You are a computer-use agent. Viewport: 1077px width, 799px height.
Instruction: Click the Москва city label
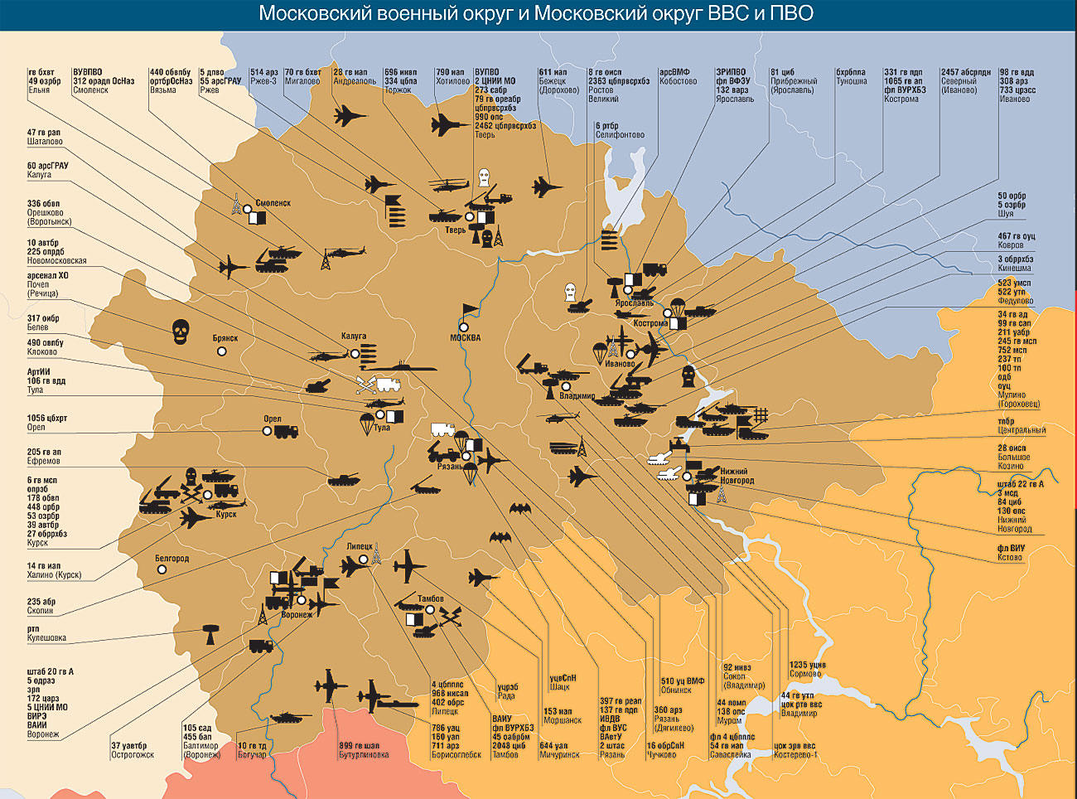pos(465,337)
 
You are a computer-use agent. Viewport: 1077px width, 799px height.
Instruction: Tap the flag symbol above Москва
pos(470,312)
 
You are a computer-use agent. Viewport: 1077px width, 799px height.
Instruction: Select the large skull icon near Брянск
pos(181,332)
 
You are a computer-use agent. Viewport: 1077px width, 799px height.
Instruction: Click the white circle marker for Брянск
pos(222,351)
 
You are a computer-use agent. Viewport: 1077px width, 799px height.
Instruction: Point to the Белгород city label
pos(171,559)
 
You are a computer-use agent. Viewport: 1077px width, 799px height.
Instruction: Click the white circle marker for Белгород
pos(162,570)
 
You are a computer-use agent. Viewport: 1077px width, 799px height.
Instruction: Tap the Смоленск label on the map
pos(273,203)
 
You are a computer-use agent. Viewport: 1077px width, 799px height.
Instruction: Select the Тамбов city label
pos(430,598)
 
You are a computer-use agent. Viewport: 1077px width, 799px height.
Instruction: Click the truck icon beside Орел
pos(285,432)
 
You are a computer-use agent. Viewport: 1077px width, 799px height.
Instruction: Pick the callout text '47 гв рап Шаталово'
pos(44,137)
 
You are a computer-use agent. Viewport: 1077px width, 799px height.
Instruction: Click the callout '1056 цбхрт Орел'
pos(46,423)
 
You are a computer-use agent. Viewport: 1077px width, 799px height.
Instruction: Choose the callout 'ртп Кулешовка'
pos(46,633)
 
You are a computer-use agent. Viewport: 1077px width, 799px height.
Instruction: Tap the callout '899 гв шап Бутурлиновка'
pos(363,750)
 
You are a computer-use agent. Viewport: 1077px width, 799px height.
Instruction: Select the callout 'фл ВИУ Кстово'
pos(1011,553)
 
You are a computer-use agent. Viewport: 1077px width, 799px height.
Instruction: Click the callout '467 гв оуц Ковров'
pos(1016,240)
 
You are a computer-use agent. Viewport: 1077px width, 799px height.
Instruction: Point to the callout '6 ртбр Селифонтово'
pos(619,130)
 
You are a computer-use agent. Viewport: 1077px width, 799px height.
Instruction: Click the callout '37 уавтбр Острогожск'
pos(133,750)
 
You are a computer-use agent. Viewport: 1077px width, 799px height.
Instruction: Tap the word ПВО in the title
pos(790,14)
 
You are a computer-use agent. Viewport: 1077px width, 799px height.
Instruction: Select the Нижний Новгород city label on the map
pos(736,476)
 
